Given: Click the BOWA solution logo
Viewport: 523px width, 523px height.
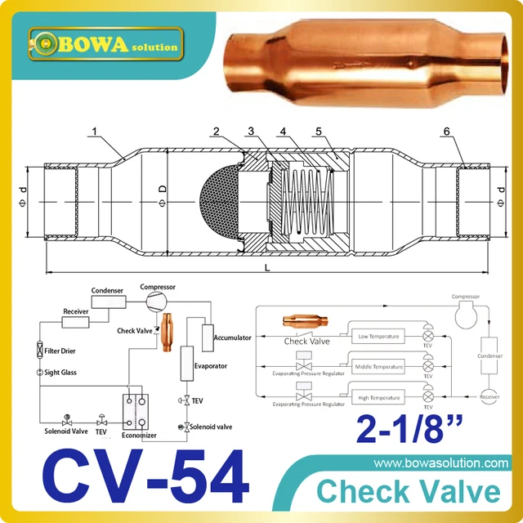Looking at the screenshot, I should [x=104, y=42].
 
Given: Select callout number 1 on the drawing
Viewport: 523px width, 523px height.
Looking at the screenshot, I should [x=95, y=131].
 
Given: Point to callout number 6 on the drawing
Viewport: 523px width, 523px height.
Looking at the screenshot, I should [x=470, y=132].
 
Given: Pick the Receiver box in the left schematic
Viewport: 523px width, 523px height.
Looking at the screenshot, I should [x=76, y=311].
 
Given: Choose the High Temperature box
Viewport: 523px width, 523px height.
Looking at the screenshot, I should [x=380, y=397].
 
